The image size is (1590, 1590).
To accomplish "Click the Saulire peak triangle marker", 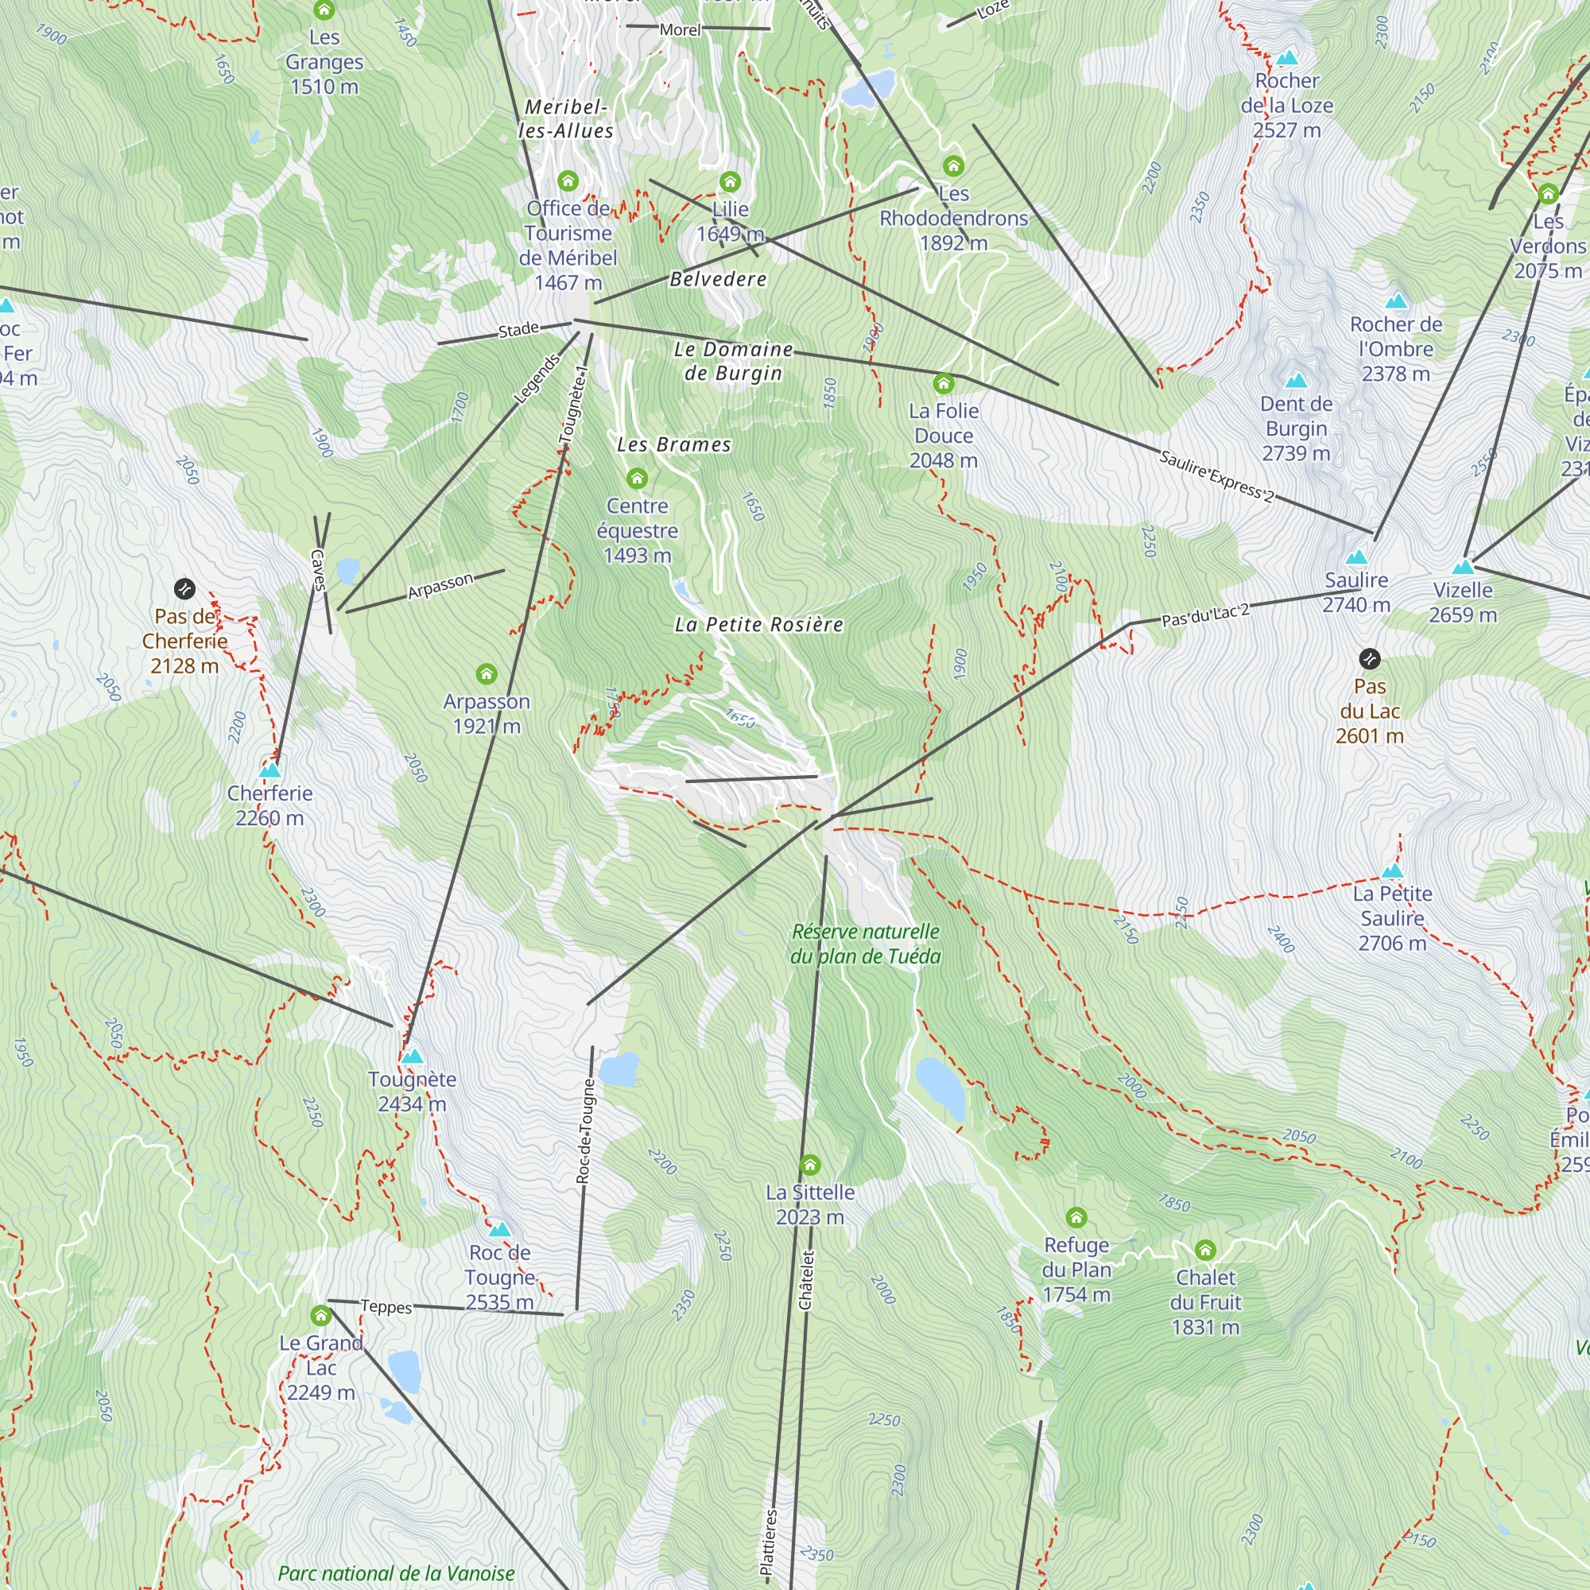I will click(x=1356, y=557).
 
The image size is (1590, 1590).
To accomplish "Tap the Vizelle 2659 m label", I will click(x=1463, y=603).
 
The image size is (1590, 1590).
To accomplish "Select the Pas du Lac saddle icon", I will click(x=1370, y=658).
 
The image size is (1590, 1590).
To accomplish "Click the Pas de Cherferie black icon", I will click(x=184, y=588).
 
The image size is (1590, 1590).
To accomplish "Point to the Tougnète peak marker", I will click(x=413, y=1056).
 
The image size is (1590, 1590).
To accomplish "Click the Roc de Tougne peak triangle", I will click(x=499, y=1230).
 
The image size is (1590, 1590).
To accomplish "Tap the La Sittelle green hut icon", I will click(x=810, y=1165).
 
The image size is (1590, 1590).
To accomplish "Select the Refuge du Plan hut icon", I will click(x=1076, y=1217).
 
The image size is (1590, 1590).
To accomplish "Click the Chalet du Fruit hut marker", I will click(x=1206, y=1250).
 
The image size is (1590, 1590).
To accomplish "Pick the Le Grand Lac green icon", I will click(x=321, y=1315).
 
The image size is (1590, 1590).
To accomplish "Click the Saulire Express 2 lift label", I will click(x=1216, y=476).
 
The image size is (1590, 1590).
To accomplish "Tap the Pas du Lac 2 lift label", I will click(x=1206, y=615).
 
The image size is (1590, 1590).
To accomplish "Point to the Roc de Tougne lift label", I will click(x=584, y=1130).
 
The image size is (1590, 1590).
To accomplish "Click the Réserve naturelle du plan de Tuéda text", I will click(x=865, y=944).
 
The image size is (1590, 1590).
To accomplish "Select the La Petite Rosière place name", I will click(x=758, y=625).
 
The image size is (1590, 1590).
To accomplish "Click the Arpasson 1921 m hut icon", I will click(x=487, y=674).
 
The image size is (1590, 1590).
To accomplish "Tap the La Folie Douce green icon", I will click(x=944, y=383).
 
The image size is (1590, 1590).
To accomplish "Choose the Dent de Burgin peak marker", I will click(x=1296, y=380).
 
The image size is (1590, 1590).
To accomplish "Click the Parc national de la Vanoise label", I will click(x=397, y=1573).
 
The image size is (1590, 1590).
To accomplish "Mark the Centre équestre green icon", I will click(x=637, y=478).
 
